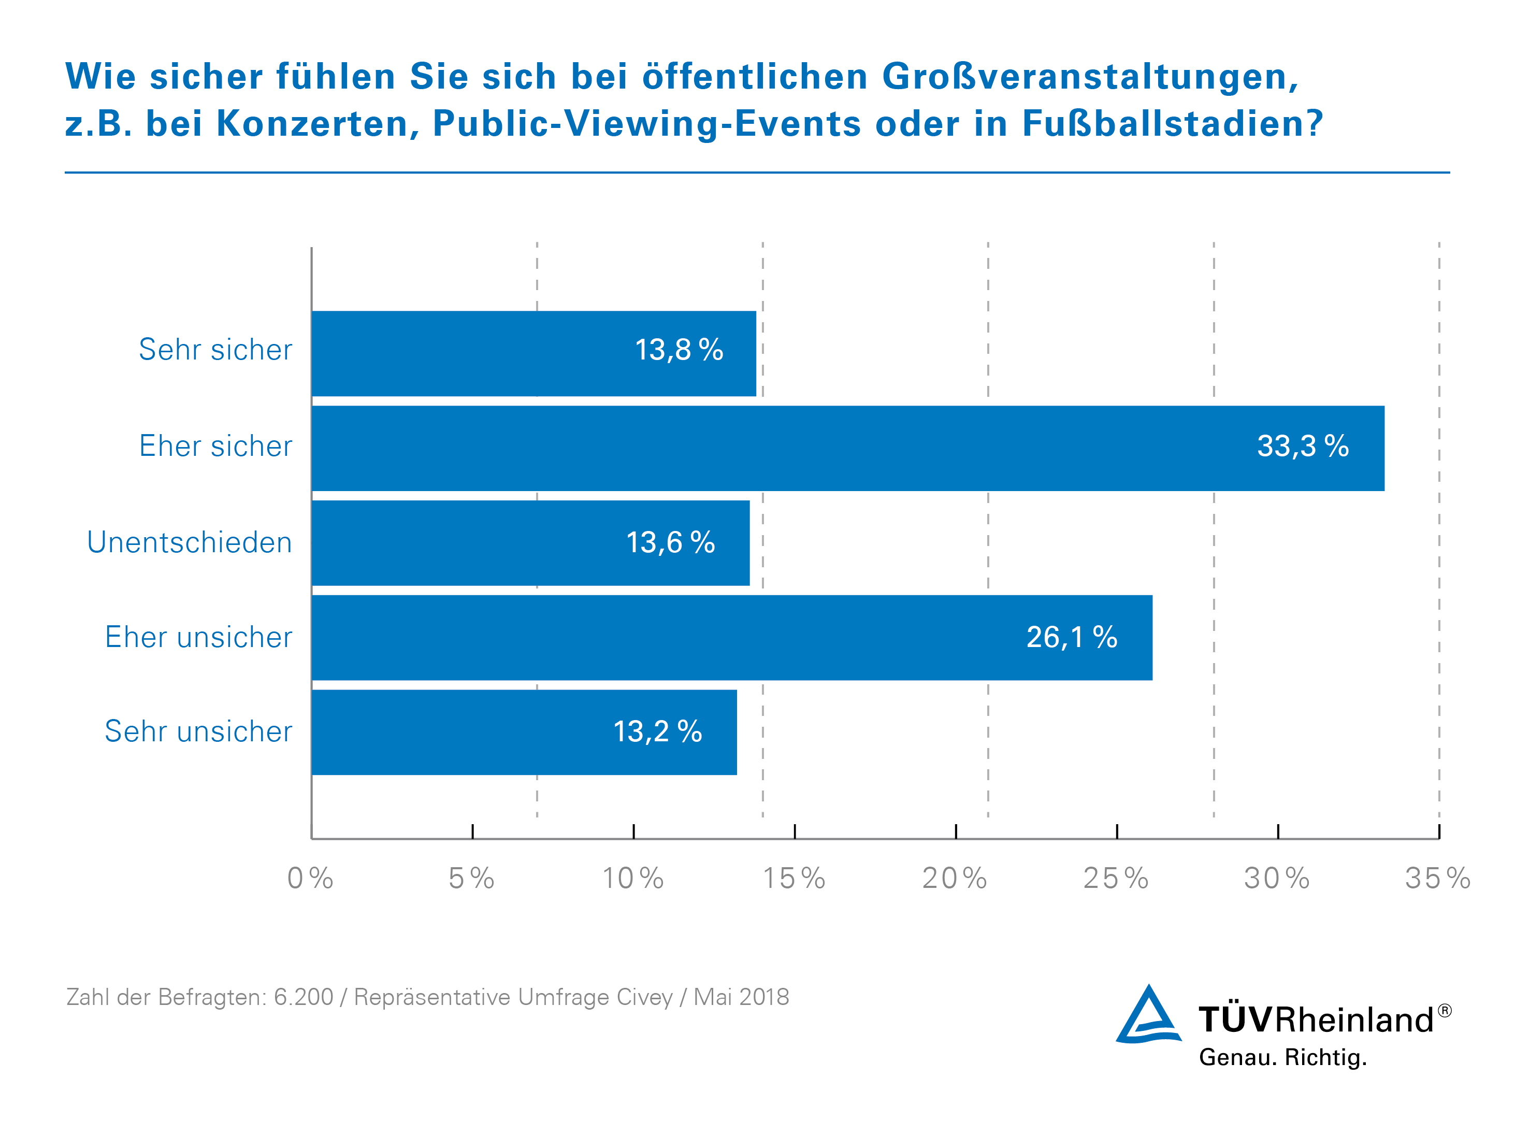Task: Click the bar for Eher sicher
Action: click(847, 448)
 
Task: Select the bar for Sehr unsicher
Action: click(524, 732)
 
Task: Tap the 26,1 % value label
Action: click(1071, 637)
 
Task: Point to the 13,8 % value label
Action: click(679, 350)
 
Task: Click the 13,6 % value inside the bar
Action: click(670, 542)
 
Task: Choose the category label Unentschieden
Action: click(189, 542)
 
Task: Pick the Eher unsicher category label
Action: click(198, 637)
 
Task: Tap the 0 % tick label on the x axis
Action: click(310, 878)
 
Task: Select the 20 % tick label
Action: click(955, 878)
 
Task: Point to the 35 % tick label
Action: click(1438, 878)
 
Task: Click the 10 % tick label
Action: click(633, 878)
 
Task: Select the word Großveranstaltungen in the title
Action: click(1090, 77)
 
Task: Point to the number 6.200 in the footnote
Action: click(304, 997)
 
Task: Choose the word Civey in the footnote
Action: click(644, 997)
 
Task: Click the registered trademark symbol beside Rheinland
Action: click(1444, 1010)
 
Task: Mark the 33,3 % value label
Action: click(1303, 447)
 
